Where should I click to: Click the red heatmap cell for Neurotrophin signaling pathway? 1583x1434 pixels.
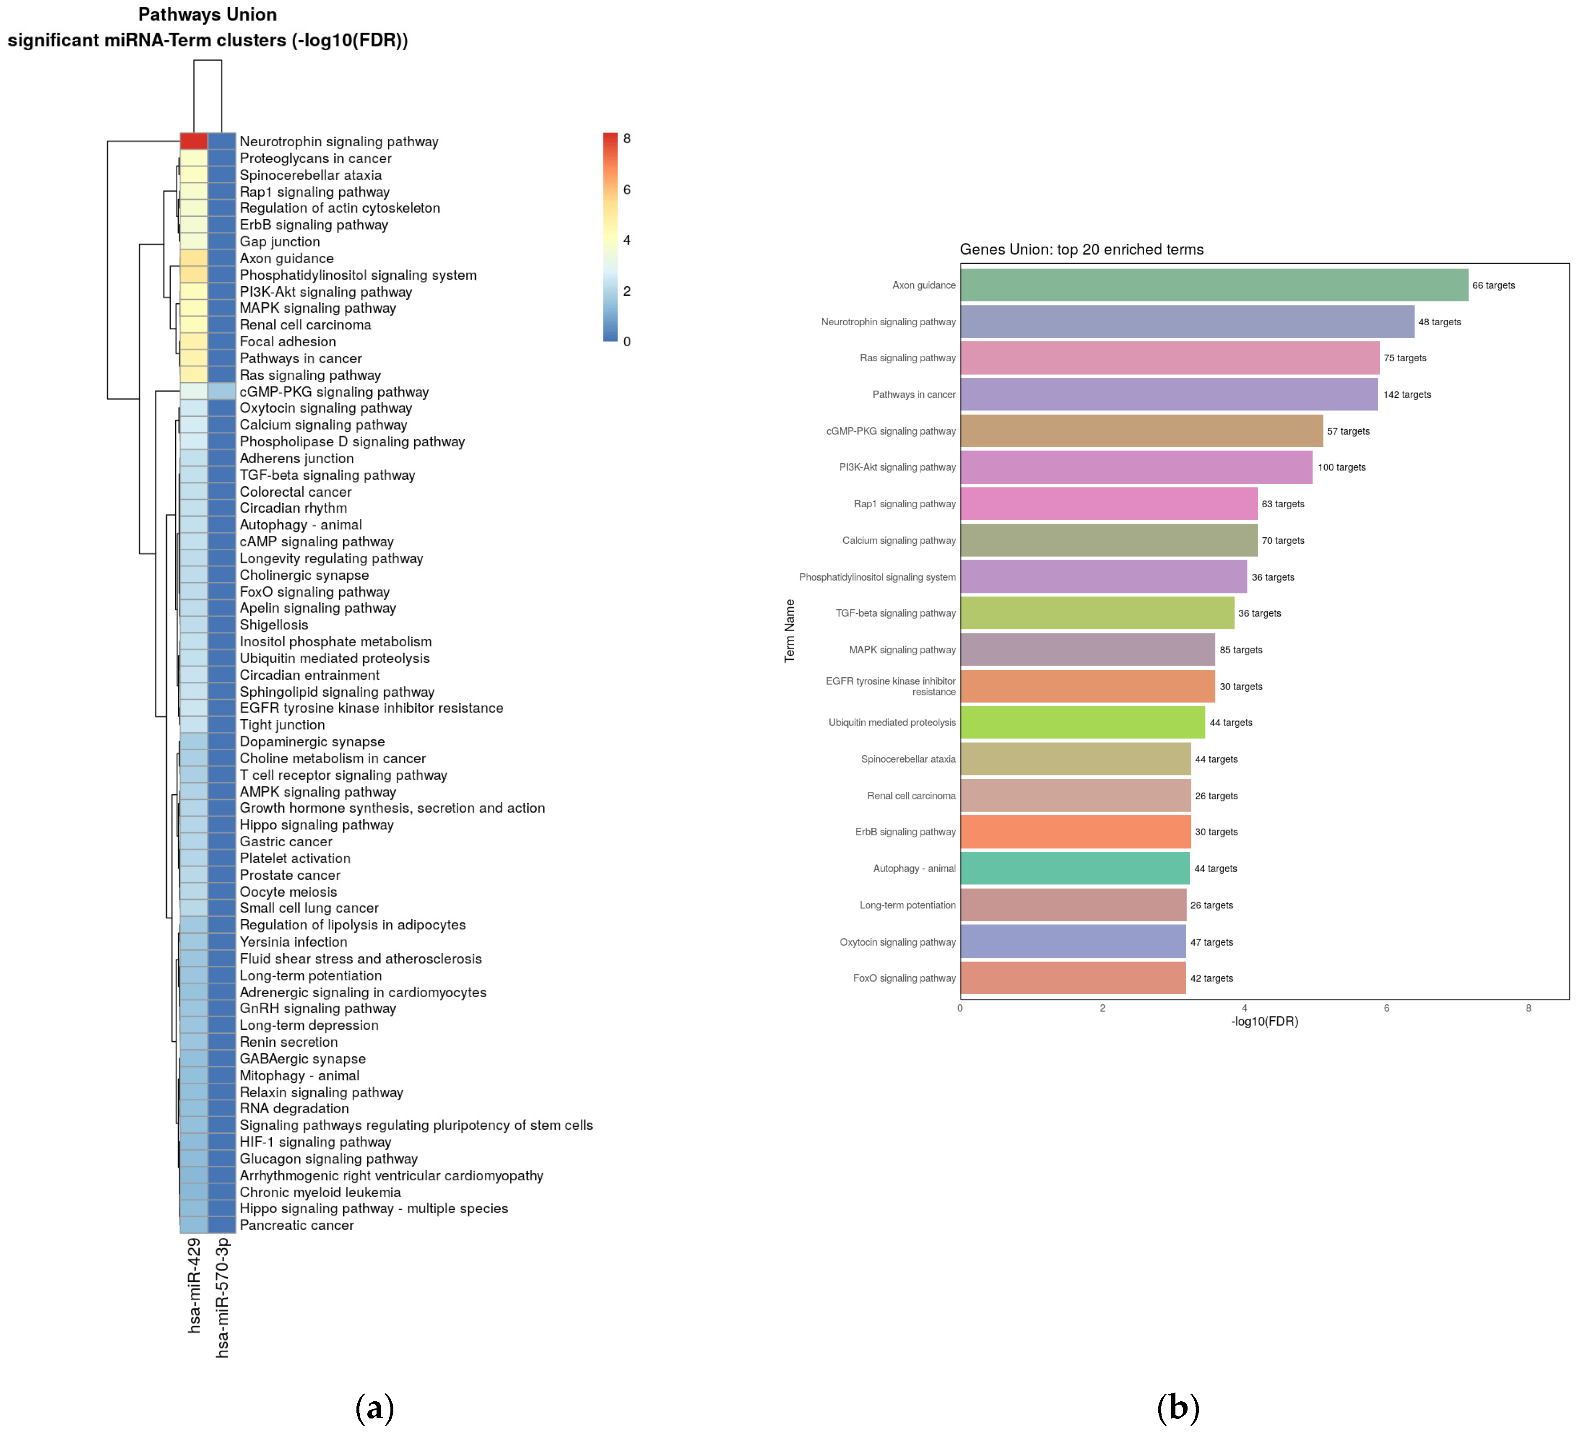tap(193, 141)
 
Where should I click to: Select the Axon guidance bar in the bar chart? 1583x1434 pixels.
tap(1213, 285)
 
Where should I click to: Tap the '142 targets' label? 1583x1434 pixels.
tap(1406, 395)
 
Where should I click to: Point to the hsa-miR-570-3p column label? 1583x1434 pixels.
tap(222, 1297)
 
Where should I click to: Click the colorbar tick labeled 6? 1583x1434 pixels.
tap(626, 189)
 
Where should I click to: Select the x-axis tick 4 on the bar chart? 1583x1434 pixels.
tap(1244, 1008)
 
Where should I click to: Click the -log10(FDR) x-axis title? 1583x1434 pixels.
tap(1264, 1021)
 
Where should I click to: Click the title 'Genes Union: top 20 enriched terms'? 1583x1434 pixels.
tap(1081, 249)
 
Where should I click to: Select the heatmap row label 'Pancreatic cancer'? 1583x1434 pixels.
tap(296, 1225)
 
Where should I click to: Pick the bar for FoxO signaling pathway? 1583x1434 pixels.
tap(1073, 978)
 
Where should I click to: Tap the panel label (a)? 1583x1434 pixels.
tap(374, 1407)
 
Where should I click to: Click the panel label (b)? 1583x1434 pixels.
tap(1178, 1407)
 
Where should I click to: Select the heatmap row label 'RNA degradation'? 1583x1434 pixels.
tap(294, 1108)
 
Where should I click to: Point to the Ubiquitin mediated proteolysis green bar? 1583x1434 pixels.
tap(1082, 722)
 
